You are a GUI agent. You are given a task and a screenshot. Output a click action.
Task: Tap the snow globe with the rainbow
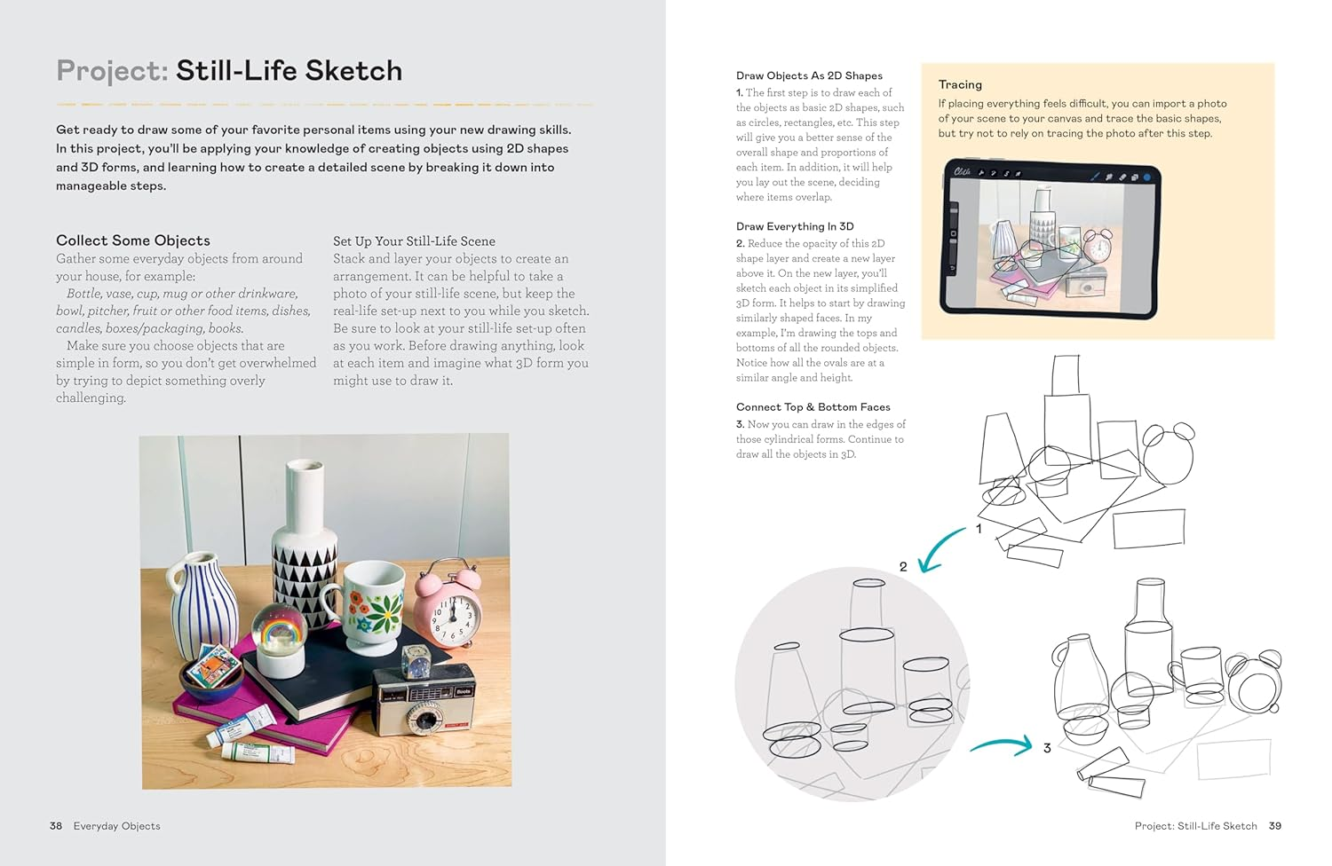point(277,634)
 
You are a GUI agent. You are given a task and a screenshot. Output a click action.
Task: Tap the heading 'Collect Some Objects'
point(133,240)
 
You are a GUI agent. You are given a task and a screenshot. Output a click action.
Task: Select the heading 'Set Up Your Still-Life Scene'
point(414,241)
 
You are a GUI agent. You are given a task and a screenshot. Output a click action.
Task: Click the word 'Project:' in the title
point(112,71)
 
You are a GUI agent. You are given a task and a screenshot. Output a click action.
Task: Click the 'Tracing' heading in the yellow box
point(960,85)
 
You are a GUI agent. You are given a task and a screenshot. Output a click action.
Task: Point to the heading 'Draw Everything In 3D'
point(795,226)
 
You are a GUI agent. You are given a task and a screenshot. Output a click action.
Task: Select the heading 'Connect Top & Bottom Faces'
point(813,407)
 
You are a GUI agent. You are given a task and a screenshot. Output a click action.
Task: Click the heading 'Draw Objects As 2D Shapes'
point(809,76)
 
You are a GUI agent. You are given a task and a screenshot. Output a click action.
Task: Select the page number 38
point(56,826)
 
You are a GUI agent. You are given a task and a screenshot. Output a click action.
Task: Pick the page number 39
point(1275,826)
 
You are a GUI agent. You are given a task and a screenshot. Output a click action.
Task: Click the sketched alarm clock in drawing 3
point(1254,685)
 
